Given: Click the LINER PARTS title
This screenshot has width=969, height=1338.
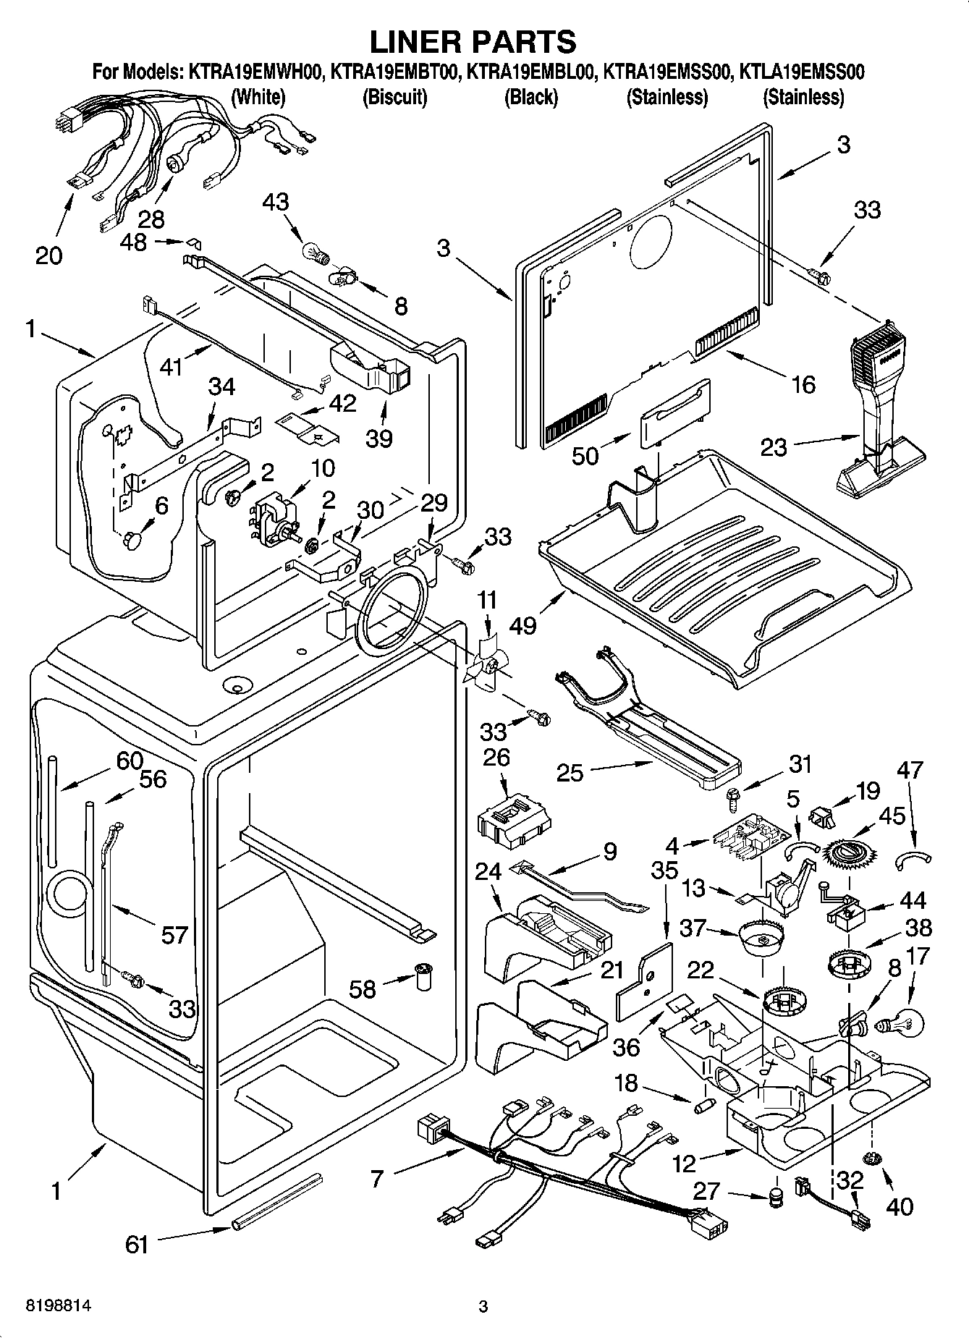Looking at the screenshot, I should click(473, 41).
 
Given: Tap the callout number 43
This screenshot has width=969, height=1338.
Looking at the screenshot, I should click(276, 202).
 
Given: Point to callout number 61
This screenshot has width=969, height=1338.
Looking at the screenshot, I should click(136, 1244).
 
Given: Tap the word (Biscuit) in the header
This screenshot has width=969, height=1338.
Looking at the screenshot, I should click(394, 97).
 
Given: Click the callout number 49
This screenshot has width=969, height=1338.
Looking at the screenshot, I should click(522, 624).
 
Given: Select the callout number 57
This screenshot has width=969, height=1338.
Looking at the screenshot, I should click(174, 935).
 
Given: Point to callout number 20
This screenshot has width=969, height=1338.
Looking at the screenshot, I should click(48, 255).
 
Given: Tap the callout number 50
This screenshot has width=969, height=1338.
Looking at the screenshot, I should click(586, 457).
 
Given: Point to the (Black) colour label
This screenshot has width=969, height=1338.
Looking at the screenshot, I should click(530, 97).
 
